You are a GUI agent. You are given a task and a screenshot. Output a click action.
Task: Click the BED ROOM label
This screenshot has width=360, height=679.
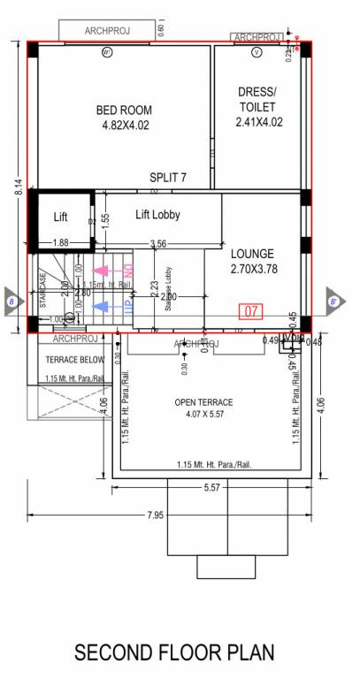[x=124, y=118]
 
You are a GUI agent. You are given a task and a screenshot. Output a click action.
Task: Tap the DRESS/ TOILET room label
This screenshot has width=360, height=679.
[x=258, y=107]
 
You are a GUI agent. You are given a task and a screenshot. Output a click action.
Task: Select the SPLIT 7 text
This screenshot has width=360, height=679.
[x=167, y=178]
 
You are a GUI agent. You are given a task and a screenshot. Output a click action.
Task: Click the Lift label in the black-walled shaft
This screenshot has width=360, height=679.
[x=60, y=217]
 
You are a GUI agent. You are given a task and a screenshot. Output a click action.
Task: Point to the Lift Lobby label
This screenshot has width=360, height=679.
[x=157, y=214]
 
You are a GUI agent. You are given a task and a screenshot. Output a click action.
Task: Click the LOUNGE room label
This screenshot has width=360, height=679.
[x=253, y=261]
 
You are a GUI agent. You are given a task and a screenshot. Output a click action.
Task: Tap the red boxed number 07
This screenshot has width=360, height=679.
[x=251, y=311]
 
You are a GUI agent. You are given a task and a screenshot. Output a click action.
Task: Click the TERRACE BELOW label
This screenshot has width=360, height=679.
[x=74, y=360]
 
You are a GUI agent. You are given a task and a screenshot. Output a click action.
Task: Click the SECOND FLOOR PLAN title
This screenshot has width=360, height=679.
[x=174, y=653]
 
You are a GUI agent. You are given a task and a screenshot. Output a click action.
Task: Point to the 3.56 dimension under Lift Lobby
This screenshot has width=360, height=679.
[x=158, y=243]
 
